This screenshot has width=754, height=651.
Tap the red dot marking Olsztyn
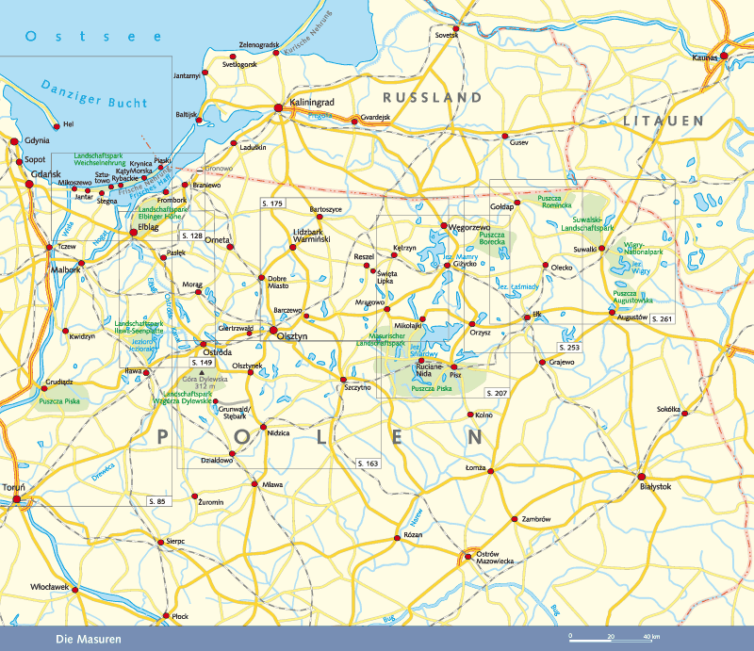click(x=274, y=331)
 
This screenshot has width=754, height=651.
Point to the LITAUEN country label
click(x=663, y=122)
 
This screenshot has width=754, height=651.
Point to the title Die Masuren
click(x=89, y=640)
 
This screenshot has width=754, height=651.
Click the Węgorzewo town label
click(x=467, y=227)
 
